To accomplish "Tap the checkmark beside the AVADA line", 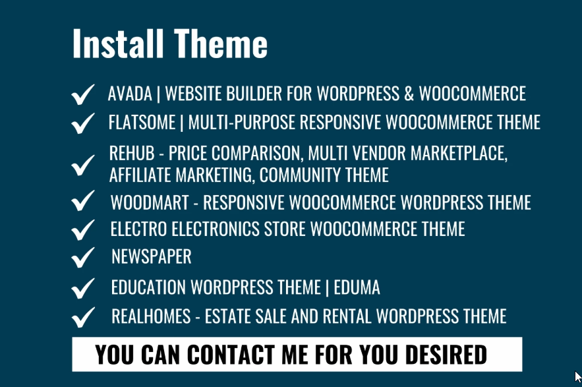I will coord(82,96).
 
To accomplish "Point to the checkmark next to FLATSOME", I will coord(82,123).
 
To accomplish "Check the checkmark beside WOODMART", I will coord(82,201).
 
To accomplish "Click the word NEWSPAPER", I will coord(152,256).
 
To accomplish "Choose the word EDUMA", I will coord(357,288).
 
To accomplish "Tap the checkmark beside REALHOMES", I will coord(82,316).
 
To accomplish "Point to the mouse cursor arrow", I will coord(578,377).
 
